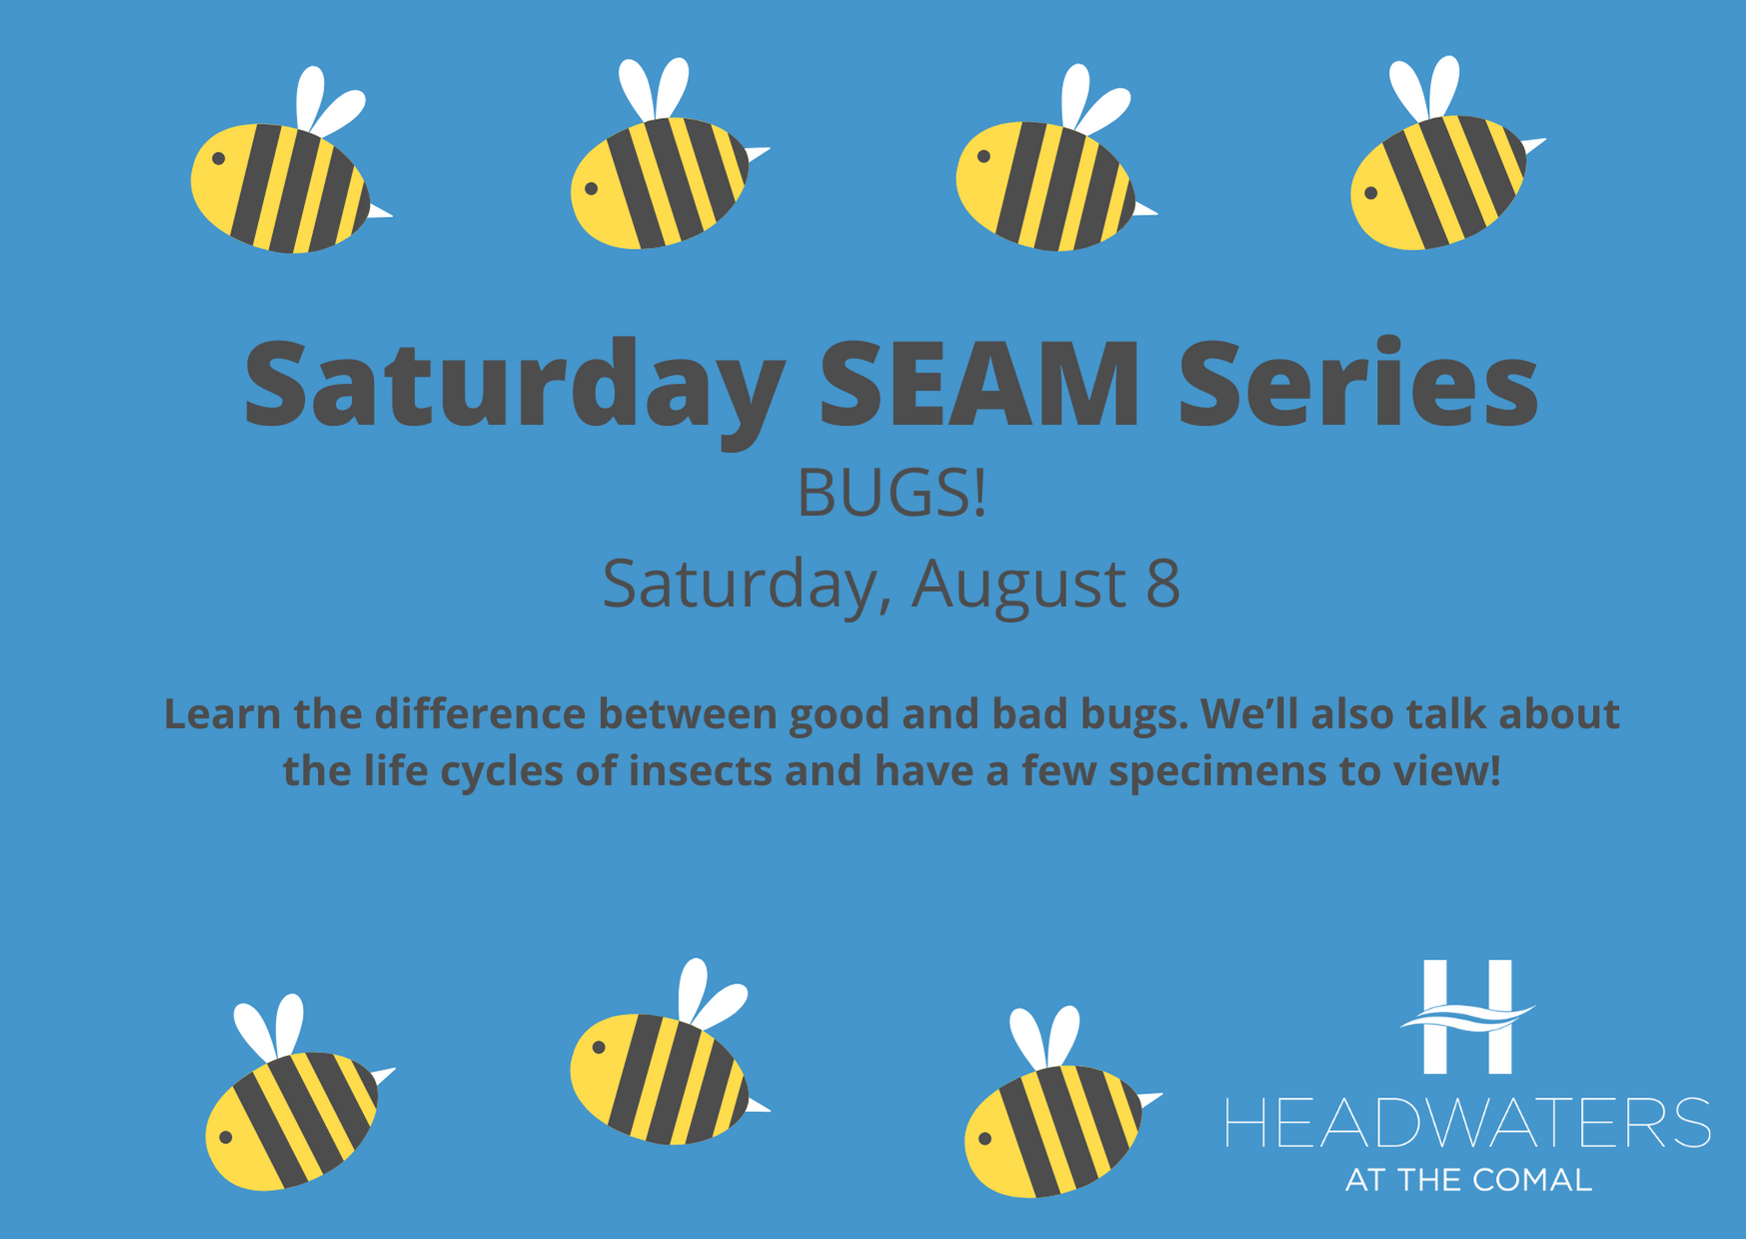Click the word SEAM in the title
[979, 385]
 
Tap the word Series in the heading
[1358, 385]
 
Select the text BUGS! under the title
[891, 493]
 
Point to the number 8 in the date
[1162, 584]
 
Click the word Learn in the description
[222, 714]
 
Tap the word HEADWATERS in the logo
[1468, 1122]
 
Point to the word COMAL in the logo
[1532, 1180]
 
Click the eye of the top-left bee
[218, 158]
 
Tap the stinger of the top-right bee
[1533, 145]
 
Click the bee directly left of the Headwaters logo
[1061, 1103]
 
